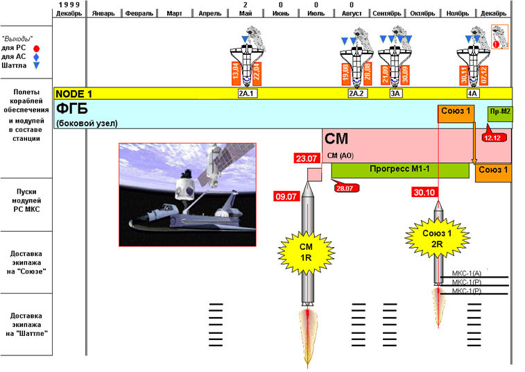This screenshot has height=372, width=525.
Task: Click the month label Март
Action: click(175, 13)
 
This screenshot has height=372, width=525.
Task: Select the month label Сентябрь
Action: click(387, 13)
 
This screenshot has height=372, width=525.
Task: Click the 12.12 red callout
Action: click(493, 137)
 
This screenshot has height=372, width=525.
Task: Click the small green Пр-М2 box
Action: click(499, 112)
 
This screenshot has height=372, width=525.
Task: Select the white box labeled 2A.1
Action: click(248, 93)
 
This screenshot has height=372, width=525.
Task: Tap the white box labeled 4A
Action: click(473, 93)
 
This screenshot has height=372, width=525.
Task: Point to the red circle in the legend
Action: click(37, 48)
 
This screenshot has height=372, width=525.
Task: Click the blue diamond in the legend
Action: click(36, 57)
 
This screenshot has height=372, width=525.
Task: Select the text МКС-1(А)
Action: click(467, 273)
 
